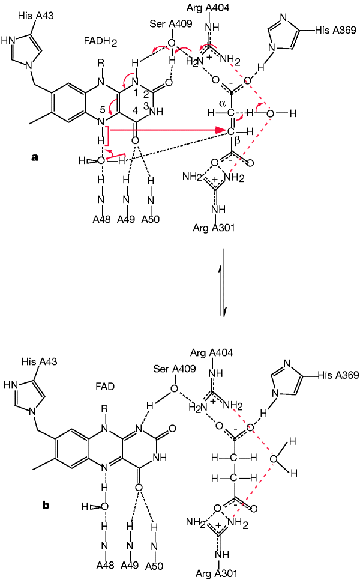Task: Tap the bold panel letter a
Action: [35, 158]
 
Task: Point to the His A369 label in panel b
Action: [336, 375]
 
